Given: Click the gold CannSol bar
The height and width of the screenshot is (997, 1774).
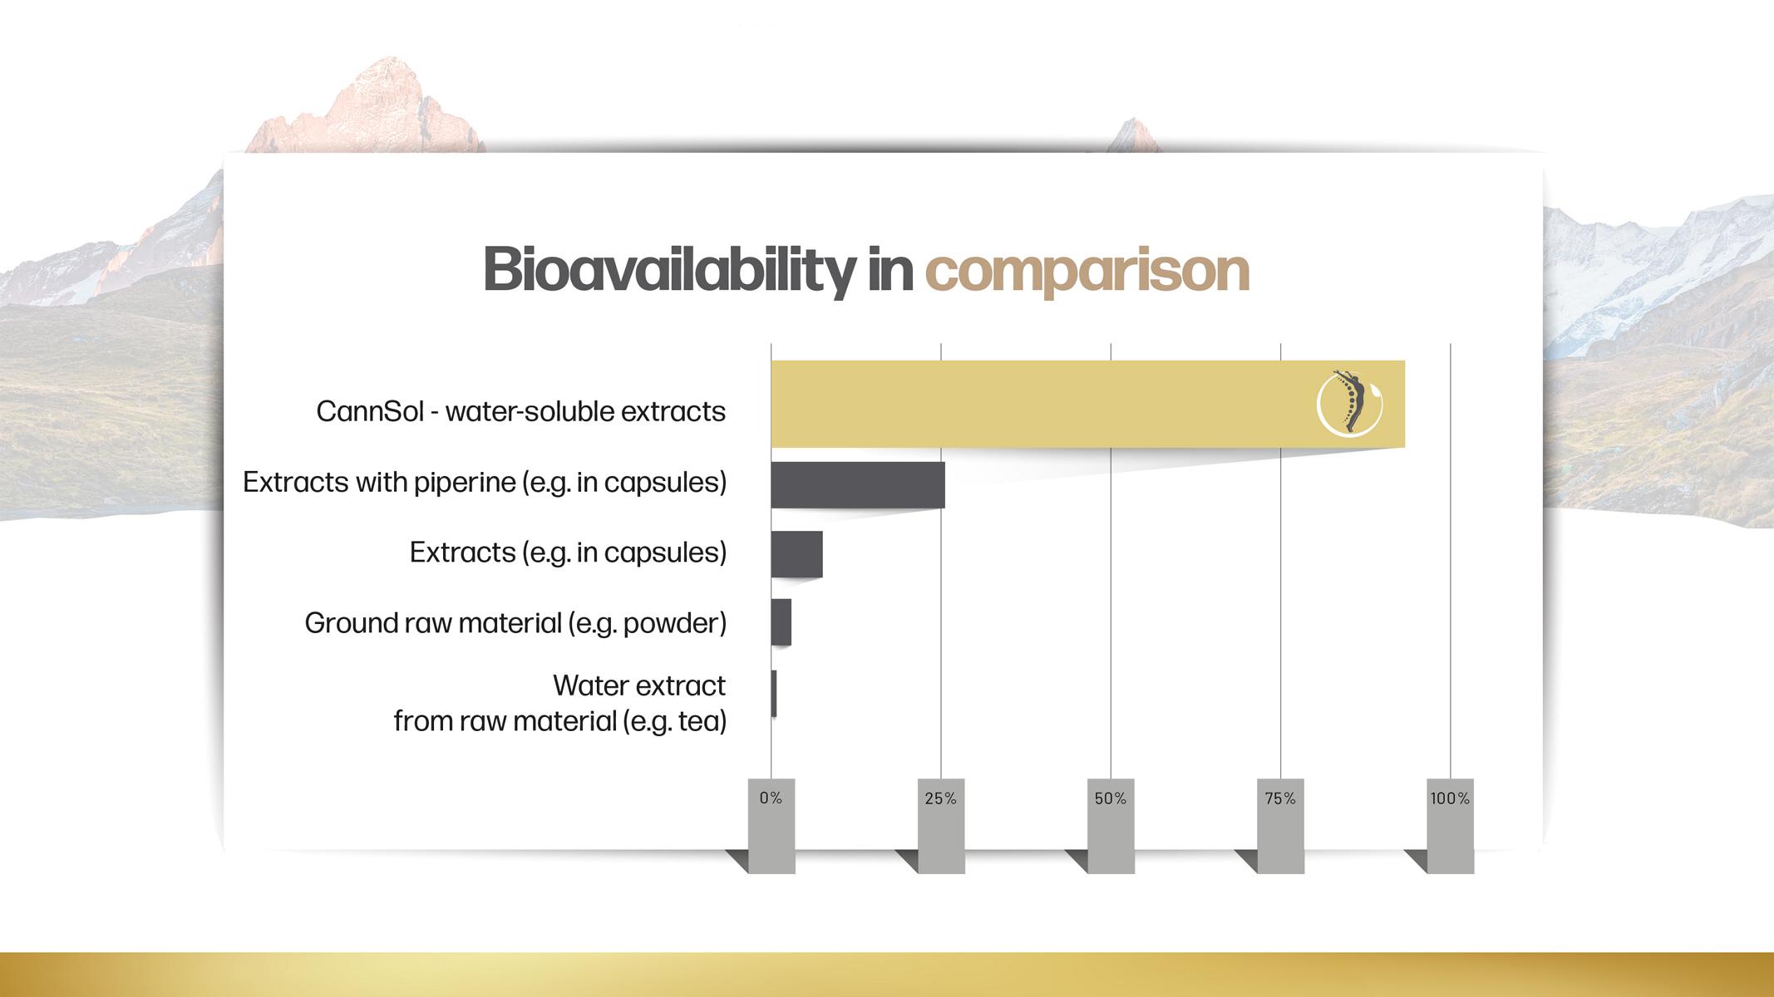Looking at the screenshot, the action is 1087,404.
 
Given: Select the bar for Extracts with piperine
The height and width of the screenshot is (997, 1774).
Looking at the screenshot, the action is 858,484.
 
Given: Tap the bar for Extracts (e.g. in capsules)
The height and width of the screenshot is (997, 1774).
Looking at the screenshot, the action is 796,554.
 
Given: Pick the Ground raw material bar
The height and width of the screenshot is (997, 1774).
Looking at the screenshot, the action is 781,622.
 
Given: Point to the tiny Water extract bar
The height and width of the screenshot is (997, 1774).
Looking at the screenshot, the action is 774,694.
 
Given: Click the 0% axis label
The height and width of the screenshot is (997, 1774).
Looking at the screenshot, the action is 771,798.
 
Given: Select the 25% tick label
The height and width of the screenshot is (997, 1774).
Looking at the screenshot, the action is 941,798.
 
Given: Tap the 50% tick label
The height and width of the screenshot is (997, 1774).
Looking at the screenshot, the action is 1111,798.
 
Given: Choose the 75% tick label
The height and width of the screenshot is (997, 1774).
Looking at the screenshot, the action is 1280,798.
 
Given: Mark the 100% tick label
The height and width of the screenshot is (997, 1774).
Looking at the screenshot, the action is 1451,798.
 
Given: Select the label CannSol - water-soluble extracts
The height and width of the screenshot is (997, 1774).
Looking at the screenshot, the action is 521,411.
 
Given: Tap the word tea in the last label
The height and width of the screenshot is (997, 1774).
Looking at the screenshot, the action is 699,721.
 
